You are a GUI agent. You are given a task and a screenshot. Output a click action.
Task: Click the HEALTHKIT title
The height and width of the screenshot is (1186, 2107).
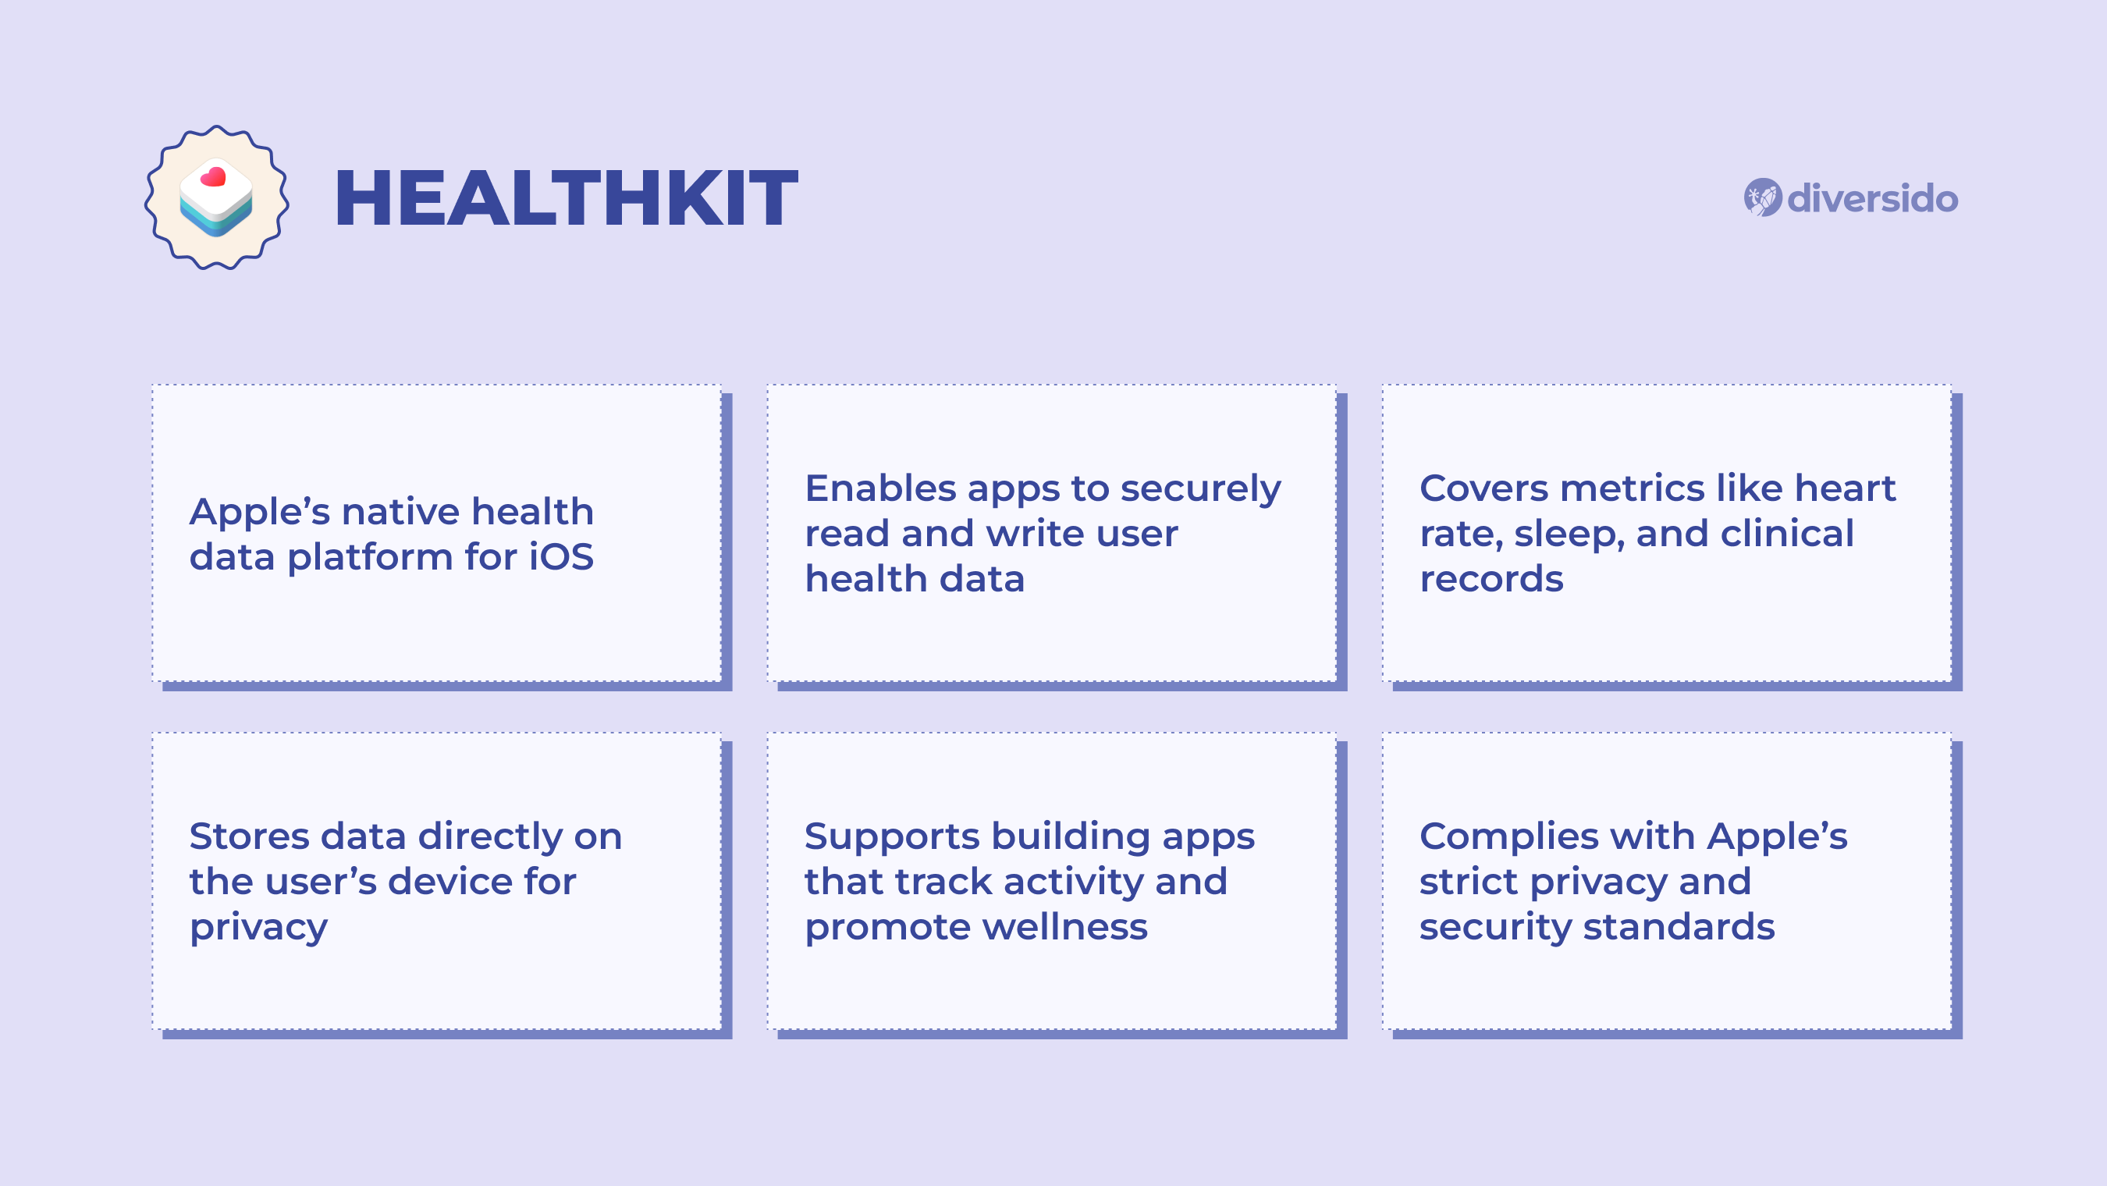click(566, 198)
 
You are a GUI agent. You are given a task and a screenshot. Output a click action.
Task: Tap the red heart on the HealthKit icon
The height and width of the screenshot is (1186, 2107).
click(214, 176)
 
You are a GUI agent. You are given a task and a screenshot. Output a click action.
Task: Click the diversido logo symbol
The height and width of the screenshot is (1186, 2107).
click(1762, 198)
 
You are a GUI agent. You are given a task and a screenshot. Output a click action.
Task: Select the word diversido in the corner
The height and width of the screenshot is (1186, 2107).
click(1872, 199)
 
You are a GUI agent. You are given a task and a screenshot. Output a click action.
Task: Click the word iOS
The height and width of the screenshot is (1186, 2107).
click(561, 557)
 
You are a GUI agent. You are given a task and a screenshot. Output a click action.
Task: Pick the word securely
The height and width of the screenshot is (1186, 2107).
click(1201, 490)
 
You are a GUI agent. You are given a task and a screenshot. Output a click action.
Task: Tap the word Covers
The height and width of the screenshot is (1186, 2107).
click(1483, 488)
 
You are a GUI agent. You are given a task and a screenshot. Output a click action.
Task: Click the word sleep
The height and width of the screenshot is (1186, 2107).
click(1567, 535)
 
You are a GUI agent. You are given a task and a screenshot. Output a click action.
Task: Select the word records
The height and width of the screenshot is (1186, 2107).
click(1491, 579)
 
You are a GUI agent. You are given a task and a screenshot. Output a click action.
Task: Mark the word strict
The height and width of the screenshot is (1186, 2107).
click(1468, 882)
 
